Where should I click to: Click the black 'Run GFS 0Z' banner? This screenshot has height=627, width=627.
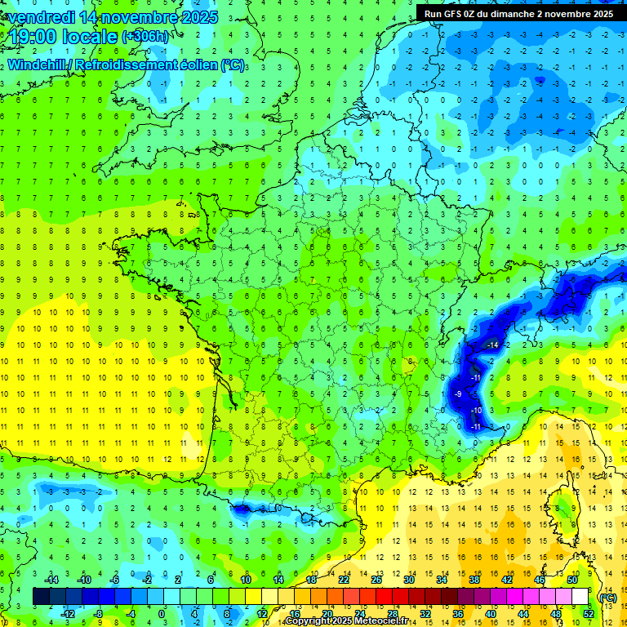[519, 14]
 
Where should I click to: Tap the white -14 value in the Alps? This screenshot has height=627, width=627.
[491, 346]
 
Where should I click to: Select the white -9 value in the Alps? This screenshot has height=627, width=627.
[457, 394]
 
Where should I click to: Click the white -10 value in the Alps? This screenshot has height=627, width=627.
[475, 410]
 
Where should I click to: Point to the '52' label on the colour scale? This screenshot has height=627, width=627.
[588, 614]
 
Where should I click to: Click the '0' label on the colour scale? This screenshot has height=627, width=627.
[162, 614]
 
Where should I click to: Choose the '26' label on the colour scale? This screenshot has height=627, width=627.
[376, 580]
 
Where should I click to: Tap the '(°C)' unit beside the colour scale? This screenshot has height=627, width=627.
[607, 598]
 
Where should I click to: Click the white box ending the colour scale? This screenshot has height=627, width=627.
[580, 597]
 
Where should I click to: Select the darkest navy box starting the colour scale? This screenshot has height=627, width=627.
[41, 597]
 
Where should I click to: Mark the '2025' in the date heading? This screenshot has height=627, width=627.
[199, 17]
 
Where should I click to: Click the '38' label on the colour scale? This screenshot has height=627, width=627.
[474, 580]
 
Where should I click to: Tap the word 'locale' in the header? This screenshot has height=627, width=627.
[90, 37]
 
